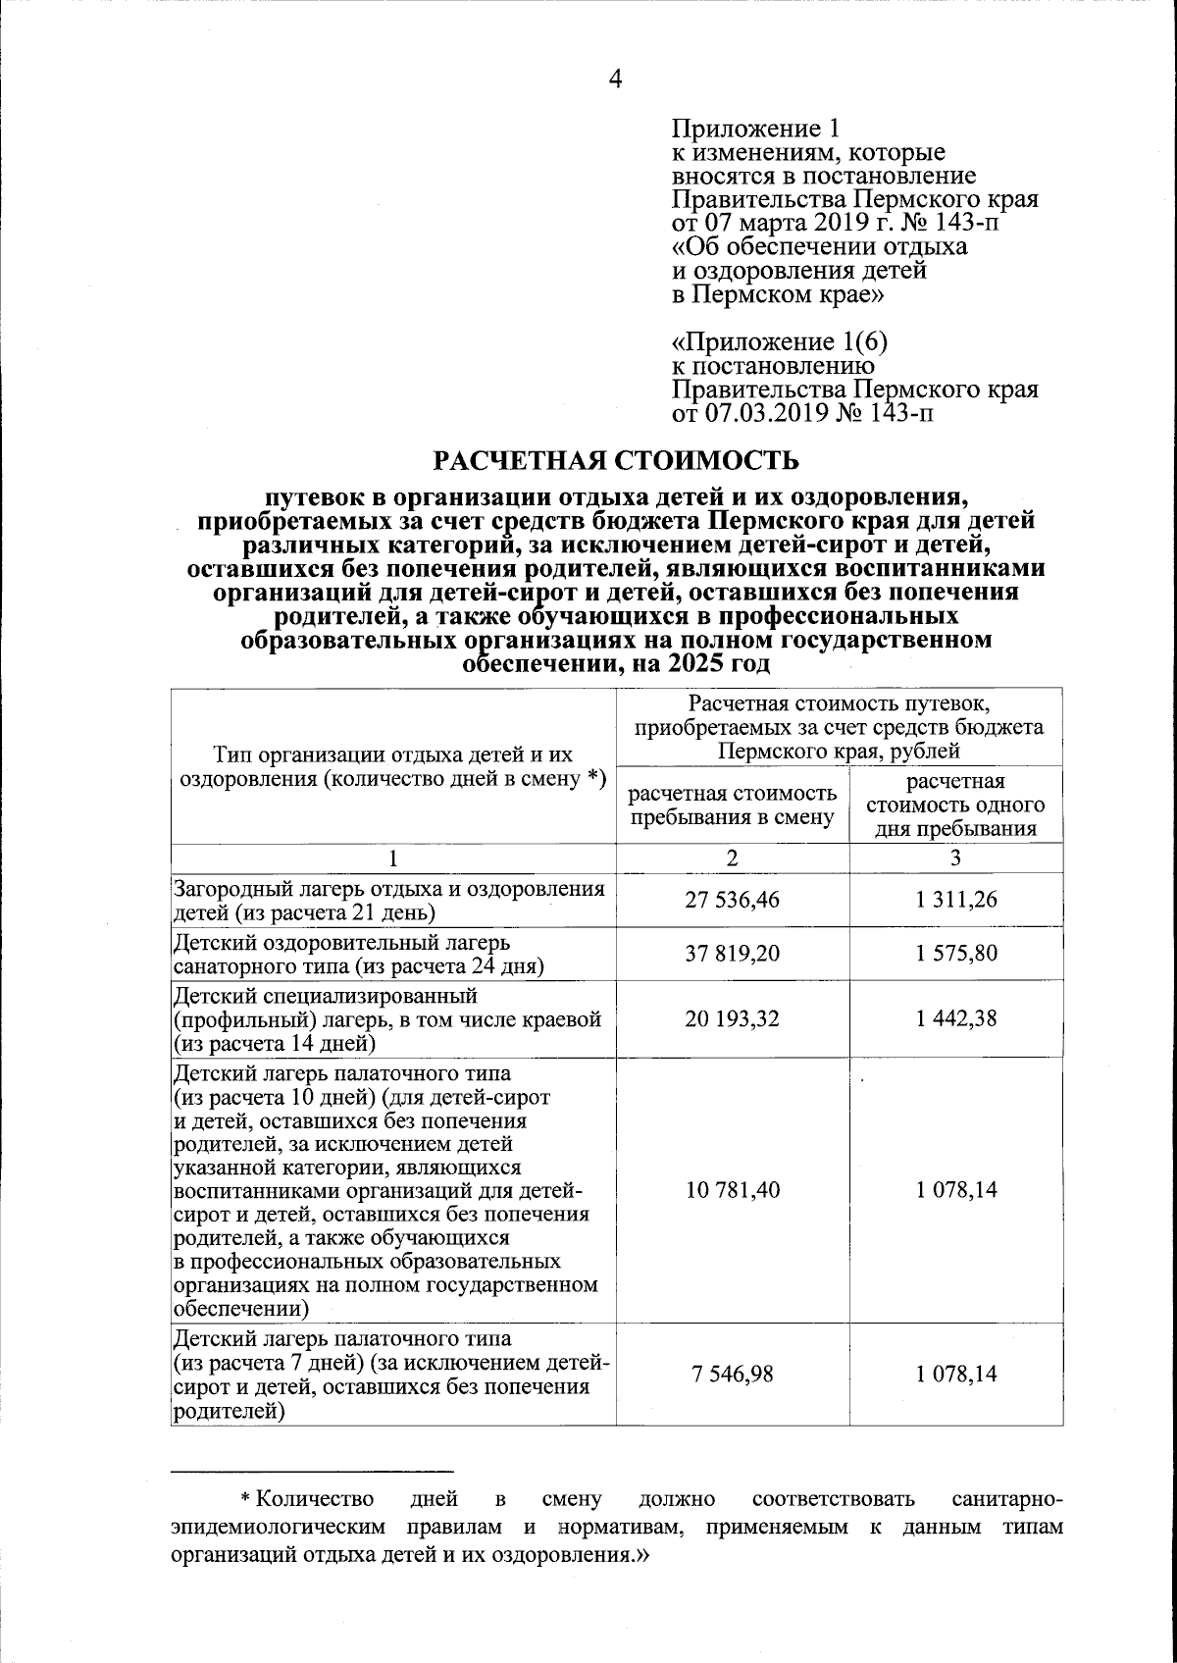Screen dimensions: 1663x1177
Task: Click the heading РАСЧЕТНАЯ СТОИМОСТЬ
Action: [x=616, y=460]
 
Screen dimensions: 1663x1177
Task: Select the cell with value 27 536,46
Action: [x=732, y=900]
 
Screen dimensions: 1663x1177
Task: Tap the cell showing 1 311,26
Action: [x=956, y=900]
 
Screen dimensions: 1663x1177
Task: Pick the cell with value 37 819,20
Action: [x=732, y=953]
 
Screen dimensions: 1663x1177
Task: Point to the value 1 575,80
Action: [x=956, y=953]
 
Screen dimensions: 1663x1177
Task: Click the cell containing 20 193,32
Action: [x=732, y=1018]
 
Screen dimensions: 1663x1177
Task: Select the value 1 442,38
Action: [x=956, y=1018]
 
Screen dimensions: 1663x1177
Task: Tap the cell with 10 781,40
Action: [x=732, y=1190]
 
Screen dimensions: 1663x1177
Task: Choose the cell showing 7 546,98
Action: [x=732, y=1374]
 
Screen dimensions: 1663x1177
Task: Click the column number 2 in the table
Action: [x=732, y=857]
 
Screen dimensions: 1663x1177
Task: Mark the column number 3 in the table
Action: [x=956, y=857]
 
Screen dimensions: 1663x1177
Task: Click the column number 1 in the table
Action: [x=393, y=857]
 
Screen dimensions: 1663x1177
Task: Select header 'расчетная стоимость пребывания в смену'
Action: [x=732, y=806]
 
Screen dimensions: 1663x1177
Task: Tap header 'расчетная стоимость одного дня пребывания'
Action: [x=956, y=806]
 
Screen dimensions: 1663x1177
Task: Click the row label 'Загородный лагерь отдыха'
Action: [x=389, y=890]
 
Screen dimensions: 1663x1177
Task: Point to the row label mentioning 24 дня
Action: [x=359, y=965]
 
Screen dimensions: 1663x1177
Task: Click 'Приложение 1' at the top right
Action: [x=756, y=130]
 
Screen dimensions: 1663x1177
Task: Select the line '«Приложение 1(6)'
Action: [x=781, y=343]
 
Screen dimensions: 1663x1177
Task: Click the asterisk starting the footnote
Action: [x=246, y=1500]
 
